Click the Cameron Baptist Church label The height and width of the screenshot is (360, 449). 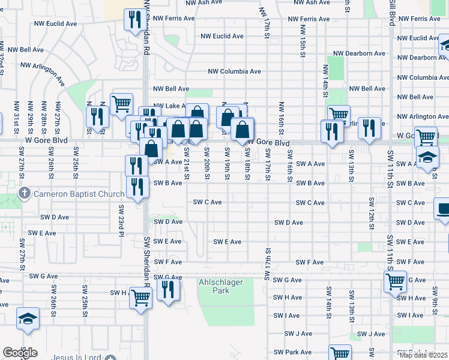tap(78, 194)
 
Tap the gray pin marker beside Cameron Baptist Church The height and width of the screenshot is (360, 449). tap(24, 194)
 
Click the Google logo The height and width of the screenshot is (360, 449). tap(20, 353)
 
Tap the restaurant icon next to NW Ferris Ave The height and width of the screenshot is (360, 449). tap(131, 20)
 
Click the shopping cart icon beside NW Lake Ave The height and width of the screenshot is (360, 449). tap(122, 103)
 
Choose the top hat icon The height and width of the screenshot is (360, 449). tap(443, 209)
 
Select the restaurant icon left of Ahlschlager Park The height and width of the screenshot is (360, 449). tap(169, 290)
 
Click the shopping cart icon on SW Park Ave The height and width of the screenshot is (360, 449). tap(340, 353)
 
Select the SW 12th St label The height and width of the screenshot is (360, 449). tap(372, 210)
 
